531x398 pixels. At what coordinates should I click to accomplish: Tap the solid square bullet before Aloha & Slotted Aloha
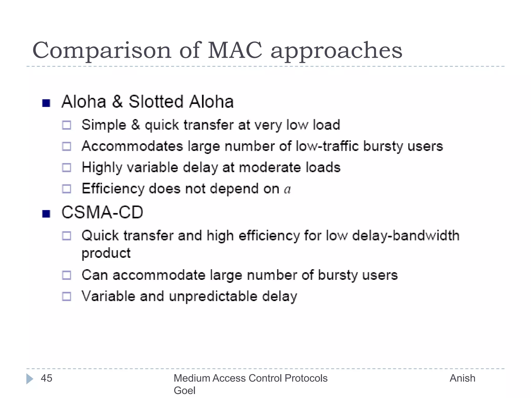(46, 103)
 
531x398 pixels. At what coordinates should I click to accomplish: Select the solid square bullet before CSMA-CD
(46, 214)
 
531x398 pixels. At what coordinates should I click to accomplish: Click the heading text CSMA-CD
(102, 212)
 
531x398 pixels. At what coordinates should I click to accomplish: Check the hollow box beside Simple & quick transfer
(67, 125)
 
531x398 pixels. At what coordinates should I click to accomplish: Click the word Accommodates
(132, 146)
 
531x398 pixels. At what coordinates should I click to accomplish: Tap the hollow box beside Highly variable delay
(67, 168)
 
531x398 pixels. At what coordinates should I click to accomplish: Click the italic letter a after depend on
(287, 189)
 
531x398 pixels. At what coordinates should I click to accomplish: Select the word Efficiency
(113, 189)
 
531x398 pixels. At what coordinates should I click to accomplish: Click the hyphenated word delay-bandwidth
(406, 236)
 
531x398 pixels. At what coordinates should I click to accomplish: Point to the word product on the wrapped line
(106, 253)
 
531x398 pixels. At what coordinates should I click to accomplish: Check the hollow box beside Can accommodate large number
(67, 275)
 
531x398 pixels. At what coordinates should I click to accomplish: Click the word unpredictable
(213, 296)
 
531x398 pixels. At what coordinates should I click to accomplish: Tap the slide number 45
(47, 378)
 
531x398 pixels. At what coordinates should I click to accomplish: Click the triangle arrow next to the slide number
(30, 379)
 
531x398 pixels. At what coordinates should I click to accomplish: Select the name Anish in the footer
(462, 378)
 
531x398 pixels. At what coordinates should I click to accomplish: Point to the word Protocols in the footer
(306, 378)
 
